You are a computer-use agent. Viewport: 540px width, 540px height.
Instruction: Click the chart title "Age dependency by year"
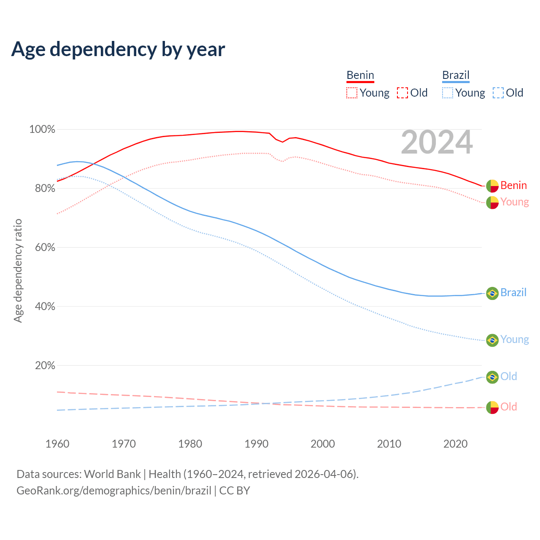(x=118, y=49)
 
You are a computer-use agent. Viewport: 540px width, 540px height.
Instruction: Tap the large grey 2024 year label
(x=437, y=142)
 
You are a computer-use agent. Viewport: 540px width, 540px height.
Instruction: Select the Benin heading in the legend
(x=360, y=75)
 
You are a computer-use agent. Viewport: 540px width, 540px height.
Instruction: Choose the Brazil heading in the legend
(x=456, y=75)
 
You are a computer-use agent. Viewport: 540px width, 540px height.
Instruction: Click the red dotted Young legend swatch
(x=351, y=93)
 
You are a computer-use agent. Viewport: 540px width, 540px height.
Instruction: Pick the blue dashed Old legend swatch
(x=498, y=93)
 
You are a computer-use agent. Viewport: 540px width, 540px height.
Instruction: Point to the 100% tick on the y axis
(x=42, y=130)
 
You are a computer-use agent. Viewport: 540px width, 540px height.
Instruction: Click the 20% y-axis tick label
(x=45, y=366)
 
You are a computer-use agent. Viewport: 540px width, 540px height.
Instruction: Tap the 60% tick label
(x=45, y=248)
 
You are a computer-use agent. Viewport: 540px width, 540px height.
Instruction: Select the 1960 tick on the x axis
(x=57, y=444)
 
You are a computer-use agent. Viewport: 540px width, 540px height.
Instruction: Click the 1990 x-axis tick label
(x=256, y=444)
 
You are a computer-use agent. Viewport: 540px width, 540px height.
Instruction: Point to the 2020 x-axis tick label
(x=456, y=444)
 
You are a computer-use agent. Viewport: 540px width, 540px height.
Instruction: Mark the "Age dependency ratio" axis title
(x=18, y=270)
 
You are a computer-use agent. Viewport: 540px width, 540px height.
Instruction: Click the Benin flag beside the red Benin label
(x=492, y=186)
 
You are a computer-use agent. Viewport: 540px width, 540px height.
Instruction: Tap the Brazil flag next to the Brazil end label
(x=492, y=293)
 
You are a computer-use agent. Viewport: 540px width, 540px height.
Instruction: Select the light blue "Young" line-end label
(x=514, y=340)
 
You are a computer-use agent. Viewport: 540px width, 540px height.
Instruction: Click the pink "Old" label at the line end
(x=508, y=407)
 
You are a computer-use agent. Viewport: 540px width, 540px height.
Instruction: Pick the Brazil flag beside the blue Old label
(x=492, y=377)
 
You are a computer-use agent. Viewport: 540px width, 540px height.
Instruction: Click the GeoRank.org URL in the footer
(x=114, y=491)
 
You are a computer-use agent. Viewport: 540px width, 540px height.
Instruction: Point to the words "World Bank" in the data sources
(x=112, y=474)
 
